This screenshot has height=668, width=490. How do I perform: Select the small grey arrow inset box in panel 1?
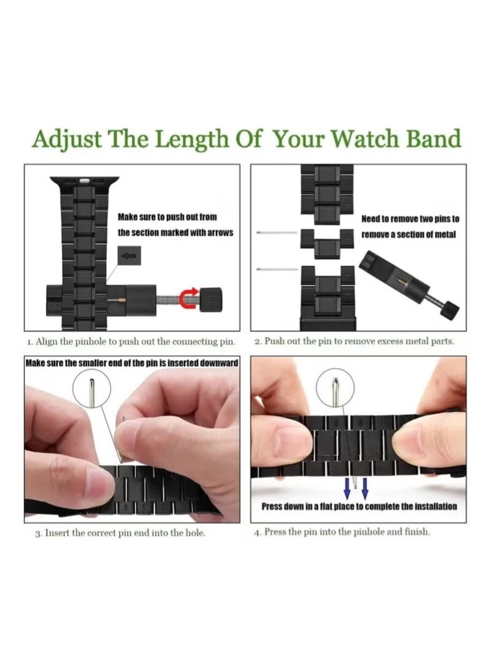[129, 256]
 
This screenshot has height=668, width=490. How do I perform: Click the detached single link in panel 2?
[327, 243]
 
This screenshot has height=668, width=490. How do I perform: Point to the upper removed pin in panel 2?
[277, 233]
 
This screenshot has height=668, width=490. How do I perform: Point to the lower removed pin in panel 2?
[277, 269]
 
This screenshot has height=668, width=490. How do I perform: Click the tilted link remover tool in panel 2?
[408, 286]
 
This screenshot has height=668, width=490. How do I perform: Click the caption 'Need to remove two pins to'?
[410, 219]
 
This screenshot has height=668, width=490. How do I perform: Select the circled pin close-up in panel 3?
[92, 389]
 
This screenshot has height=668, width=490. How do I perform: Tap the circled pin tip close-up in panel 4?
[335, 387]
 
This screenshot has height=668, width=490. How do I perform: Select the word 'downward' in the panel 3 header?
[219, 363]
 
